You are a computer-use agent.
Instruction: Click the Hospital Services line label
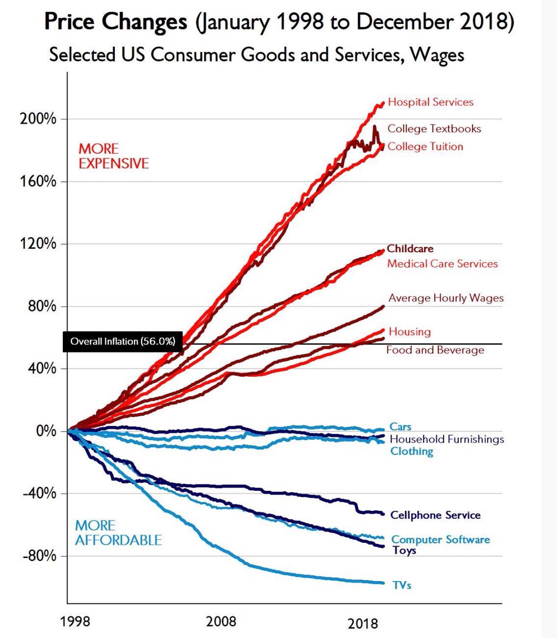(431, 102)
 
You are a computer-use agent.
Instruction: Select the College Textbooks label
(434, 129)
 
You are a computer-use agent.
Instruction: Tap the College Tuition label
(425, 146)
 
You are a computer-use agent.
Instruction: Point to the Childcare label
(410, 248)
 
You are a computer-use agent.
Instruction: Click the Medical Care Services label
(443, 263)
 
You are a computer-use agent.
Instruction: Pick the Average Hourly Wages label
(446, 298)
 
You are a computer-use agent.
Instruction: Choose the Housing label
(410, 331)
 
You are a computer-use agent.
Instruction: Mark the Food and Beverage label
(435, 350)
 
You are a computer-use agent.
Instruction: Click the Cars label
(400, 426)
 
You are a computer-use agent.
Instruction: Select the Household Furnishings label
(447, 439)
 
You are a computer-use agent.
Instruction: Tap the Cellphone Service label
(435, 515)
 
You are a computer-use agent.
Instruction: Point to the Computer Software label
(441, 540)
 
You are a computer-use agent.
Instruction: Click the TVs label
(402, 585)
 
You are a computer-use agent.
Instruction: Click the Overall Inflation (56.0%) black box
(123, 341)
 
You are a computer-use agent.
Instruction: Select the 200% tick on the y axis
(38, 119)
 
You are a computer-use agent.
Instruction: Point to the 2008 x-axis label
(222, 621)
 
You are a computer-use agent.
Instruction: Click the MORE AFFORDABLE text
(119, 533)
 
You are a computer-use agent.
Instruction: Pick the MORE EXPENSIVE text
(114, 156)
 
